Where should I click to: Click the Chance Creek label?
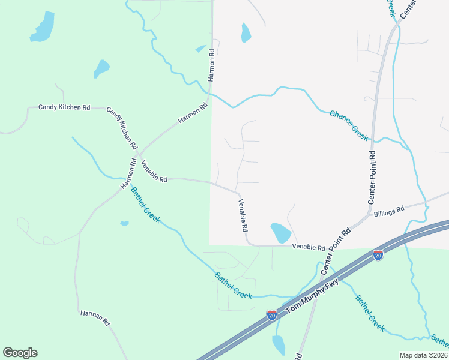pyautogui.click(x=349, y=125)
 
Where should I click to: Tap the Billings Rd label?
pyautogui.click(x=389, y=211)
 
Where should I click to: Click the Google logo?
pyautogui.click(x=20, y=353)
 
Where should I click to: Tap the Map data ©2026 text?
pyautogui.click(x=423, y=355)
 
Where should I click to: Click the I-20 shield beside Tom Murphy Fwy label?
pyautogui.click(x=271, y=314)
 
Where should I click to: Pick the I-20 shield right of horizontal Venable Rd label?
pyautogui.click(x=378, y=255)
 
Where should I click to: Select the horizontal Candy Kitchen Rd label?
pyautogui.click(x=64, y=107)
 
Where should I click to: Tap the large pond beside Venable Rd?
pyautogui.click(x=280, y=232)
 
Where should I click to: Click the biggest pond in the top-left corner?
pyautogui.click(x=43, y=27)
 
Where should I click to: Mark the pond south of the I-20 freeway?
pyautogui.click(x=279, y=344)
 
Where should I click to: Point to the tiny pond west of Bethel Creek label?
pyautogui.click(x=124, y=224)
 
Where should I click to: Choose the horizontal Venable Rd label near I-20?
pyautogui.click(x=309, y=247)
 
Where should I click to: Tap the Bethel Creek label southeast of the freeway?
pyautogui.click(x=370, y=313)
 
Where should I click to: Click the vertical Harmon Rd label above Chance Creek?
pyautogui.click(x=211, y=65)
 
